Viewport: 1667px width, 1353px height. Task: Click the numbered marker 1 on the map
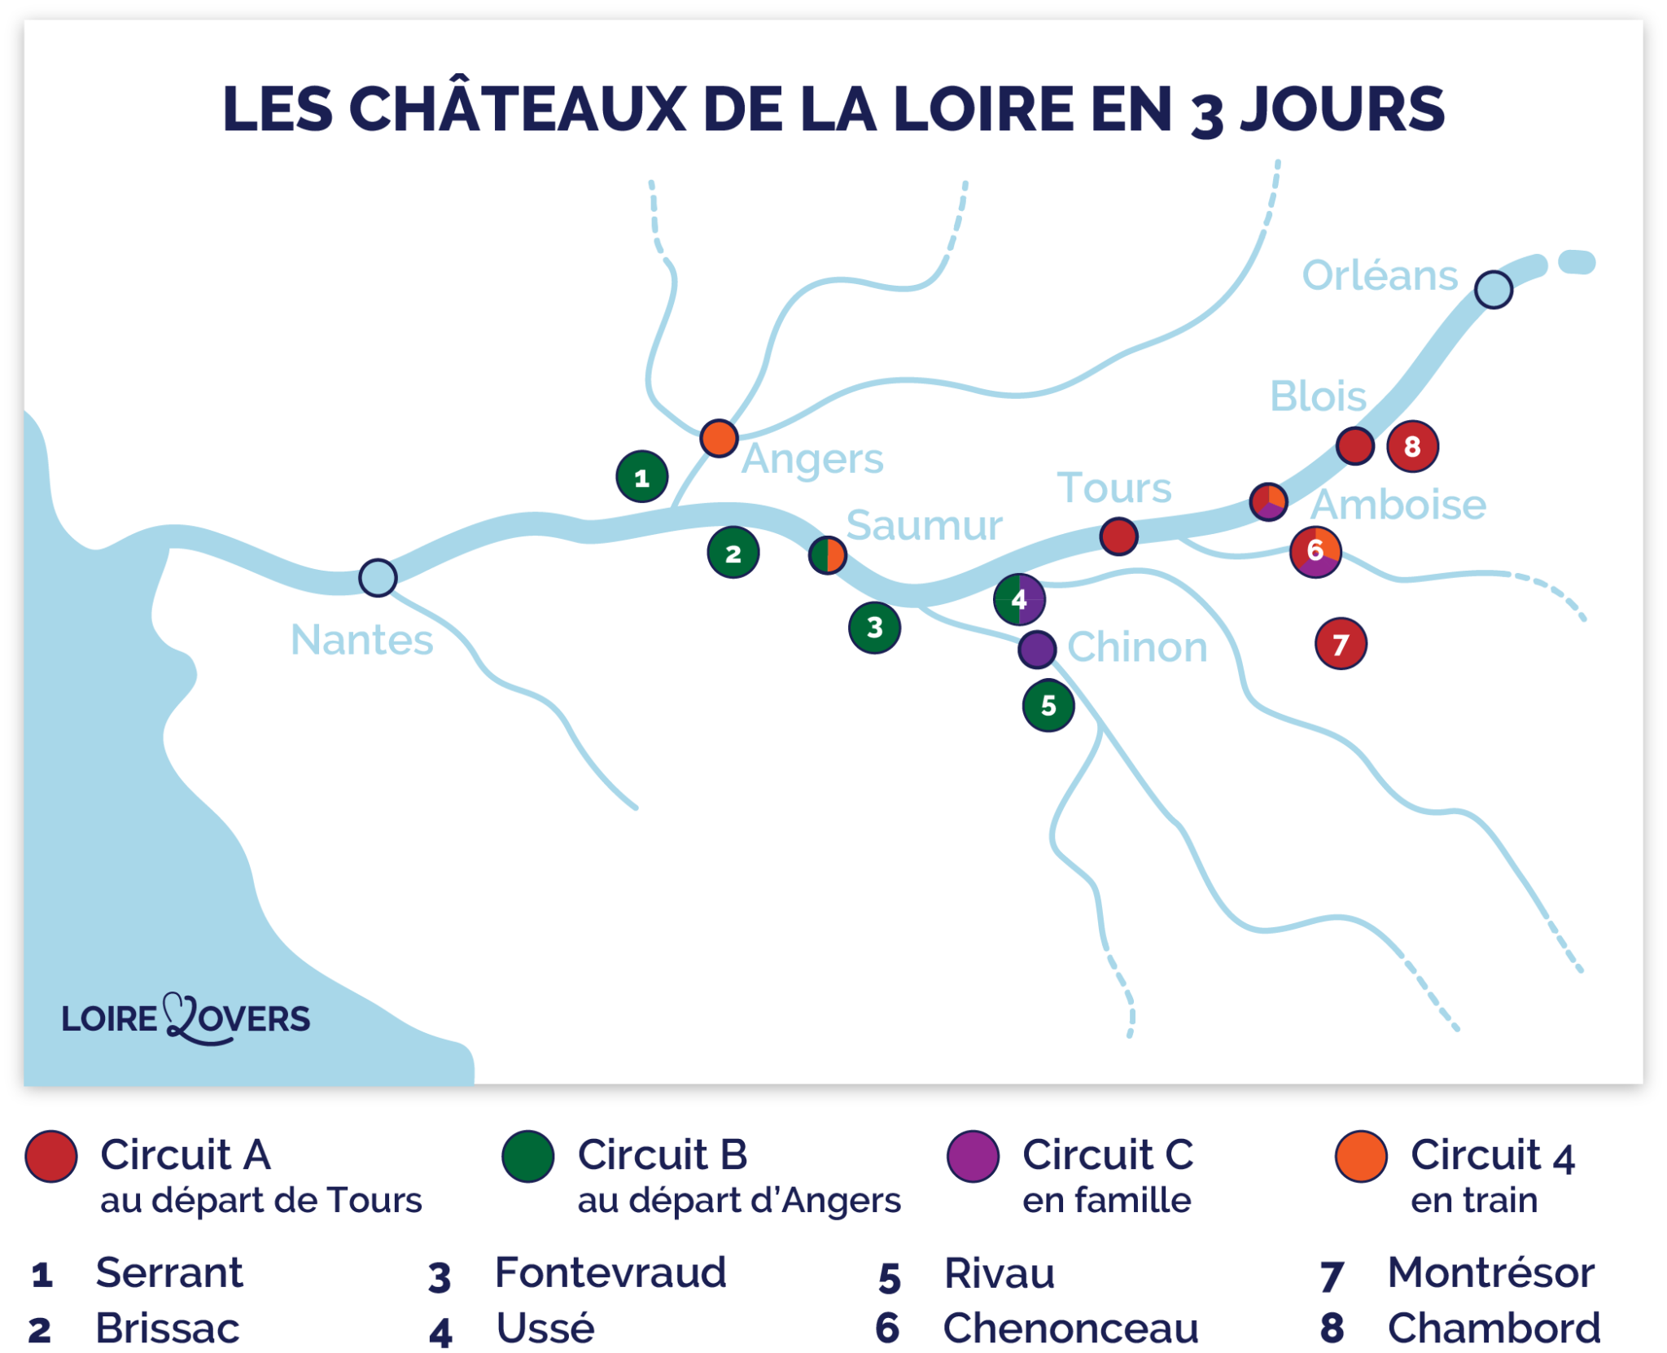pyautogui.click(x=642, y=477)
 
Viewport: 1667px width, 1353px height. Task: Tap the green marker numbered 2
pyautogui.click(x=733, y=553)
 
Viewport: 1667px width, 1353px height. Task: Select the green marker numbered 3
pyautogui.click(x=875, y=628)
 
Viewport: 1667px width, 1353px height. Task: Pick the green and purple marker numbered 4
pyautogui.click(x=1019, y=600)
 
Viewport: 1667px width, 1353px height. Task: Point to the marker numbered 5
pyautogui.click(x=1048, y=705)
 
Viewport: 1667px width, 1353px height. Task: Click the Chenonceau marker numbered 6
pyautogui.click(x=1315, y=552)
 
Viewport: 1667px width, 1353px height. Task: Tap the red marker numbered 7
pyautogui.click(x=1341, y=644)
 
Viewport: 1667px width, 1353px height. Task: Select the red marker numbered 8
pyautogui.click(x=1412, y=446)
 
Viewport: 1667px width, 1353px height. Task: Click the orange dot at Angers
pyautogui.click(x=719, y=438)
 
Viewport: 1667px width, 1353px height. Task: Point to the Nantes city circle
pyautogui.click(x=378, y=578)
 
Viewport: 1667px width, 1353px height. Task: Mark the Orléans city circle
pyautogui.click(x=1494, y=289)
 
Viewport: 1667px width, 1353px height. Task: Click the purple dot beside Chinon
pyautogui.click(x=1037, y=649)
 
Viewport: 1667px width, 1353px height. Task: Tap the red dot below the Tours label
pyautogui.click(x=1118, y=536)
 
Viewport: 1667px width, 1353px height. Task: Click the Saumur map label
pyautogui.click(x=924, y=526)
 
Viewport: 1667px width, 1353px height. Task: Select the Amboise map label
pyautogui.click(x=1398, y=505)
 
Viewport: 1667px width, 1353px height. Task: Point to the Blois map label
pyautogui.click(x=1318, y=397)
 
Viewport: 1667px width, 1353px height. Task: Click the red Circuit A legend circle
pyautogui.click(x=51, y=1156)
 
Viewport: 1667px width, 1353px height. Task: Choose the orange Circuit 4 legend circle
pyautogui.click(x=1361, y=1156)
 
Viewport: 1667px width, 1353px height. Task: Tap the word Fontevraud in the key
pyautogui.click(x=610, y=1272)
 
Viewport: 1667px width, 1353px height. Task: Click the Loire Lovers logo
pyautogui.click(x=186, y=1018)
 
